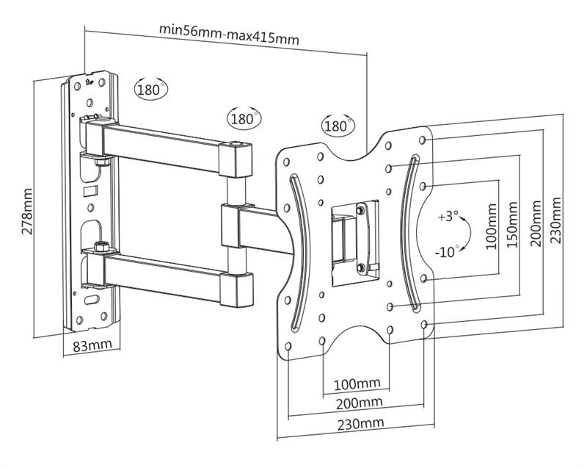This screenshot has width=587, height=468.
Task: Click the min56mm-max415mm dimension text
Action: tap(228, 35)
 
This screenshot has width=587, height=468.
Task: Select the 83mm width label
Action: tap(92, 345)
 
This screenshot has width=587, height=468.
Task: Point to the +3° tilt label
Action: tap(448, 217)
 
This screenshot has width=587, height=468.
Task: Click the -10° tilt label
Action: tap(447, 252)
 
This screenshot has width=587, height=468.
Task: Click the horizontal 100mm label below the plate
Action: tap(357, 384)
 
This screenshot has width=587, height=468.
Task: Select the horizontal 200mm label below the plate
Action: tap(358, 403)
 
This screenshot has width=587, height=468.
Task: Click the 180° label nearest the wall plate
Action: tap(151, 90)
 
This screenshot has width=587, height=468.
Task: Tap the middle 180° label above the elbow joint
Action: tap(244, 118)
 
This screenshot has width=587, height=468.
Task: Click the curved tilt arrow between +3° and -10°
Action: tap(463, 235)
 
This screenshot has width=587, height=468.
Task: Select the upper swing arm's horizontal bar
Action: tap(161, 143)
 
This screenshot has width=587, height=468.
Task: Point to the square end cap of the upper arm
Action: tap(237, 159)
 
